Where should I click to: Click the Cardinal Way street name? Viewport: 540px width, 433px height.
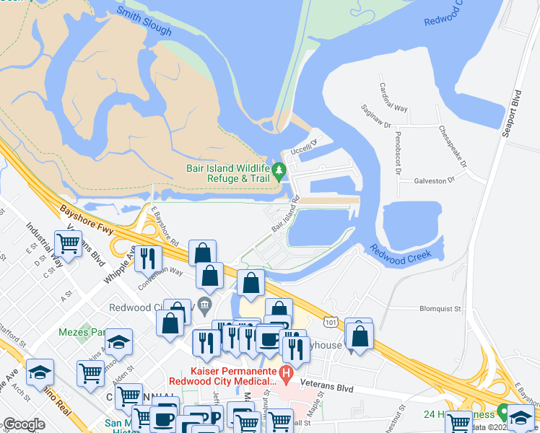coord(393,98)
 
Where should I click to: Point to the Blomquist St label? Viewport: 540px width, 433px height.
coord(440,308)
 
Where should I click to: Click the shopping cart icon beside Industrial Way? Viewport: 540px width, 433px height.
coord(69,243)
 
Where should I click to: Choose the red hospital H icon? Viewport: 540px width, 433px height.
coord(286,375)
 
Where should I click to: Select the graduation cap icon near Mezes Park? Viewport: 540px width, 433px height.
coord(119,341)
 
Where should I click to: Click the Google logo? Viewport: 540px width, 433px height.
coord(24,424)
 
